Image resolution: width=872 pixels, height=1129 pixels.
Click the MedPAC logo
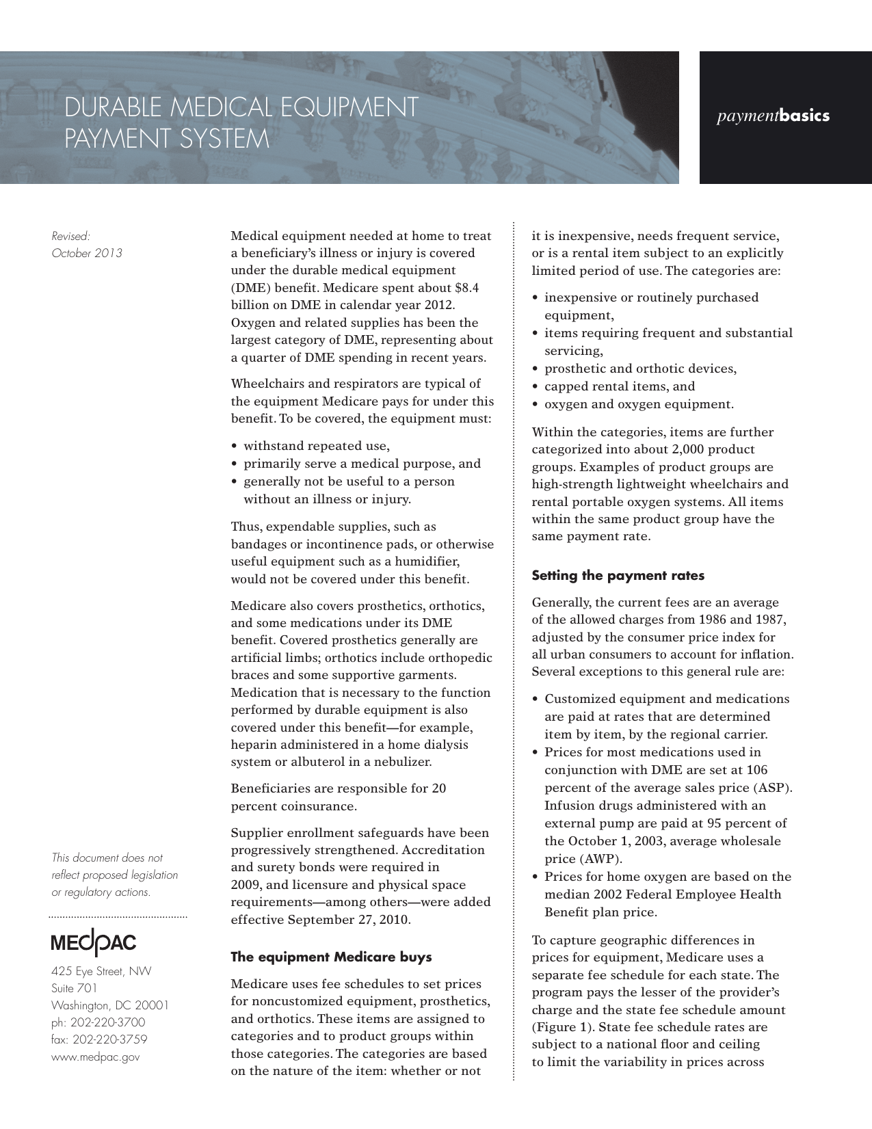[94, 944]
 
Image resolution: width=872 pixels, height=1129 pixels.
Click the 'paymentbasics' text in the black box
[773, 116]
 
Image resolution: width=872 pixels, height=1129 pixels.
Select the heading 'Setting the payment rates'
[618, 576]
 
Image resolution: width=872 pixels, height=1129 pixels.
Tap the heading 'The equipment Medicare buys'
[331, 957]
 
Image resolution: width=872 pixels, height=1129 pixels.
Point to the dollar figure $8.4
[466, 288]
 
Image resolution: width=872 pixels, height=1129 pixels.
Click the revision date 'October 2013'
[87, 254]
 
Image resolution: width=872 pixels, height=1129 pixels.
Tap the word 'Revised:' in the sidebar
[71, 237]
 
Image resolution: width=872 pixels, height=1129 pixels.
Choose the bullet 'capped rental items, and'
[619, 386]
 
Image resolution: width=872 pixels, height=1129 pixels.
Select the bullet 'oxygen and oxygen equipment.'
[639, 404]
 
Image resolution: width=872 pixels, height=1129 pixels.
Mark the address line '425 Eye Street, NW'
[101, 972]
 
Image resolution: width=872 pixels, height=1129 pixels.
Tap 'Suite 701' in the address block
[75, 989]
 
